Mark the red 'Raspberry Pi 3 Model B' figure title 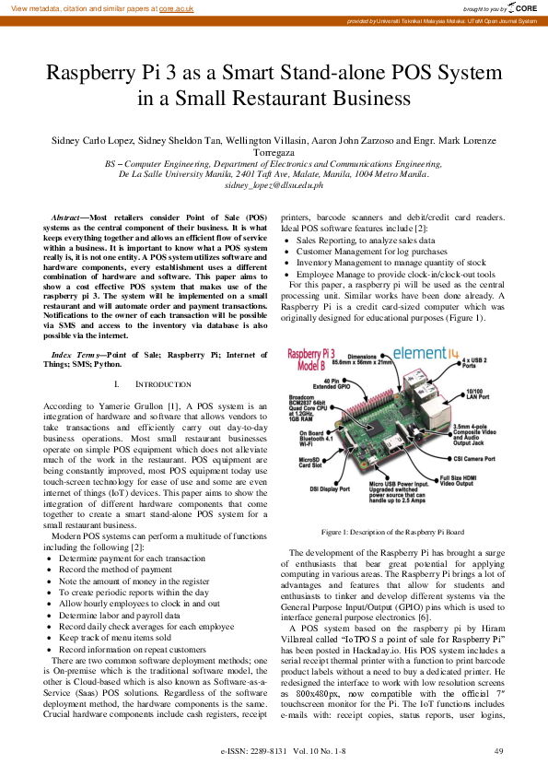coord(316,359)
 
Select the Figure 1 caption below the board coord(392,533)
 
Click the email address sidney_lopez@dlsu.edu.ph coord(274,185)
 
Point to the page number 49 coord(498,752)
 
